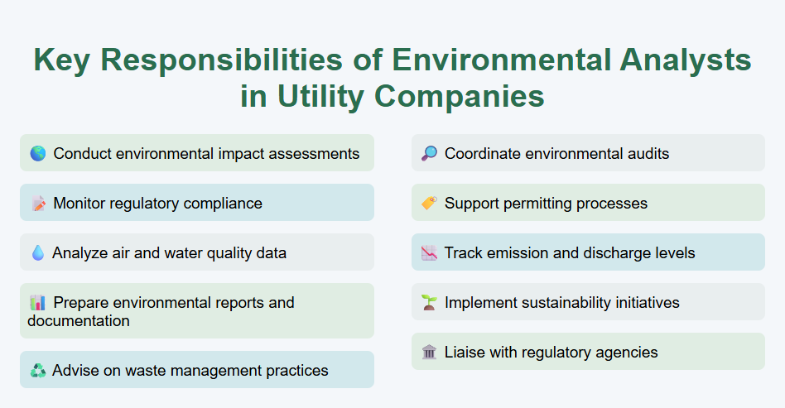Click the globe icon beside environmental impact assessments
pos(37,154)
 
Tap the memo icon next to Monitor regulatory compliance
pos(37,204)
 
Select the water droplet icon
pos(37,253)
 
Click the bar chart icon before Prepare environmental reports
pos(37,303)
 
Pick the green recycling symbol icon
pos(37,371)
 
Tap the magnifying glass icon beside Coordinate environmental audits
pos(429,154)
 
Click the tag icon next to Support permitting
pos(429,204)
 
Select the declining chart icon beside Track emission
pos(429,253)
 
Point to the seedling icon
pos(429,303)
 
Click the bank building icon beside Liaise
pos(429,353)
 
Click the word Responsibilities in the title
pos(241,61)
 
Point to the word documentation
pos(79,321)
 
